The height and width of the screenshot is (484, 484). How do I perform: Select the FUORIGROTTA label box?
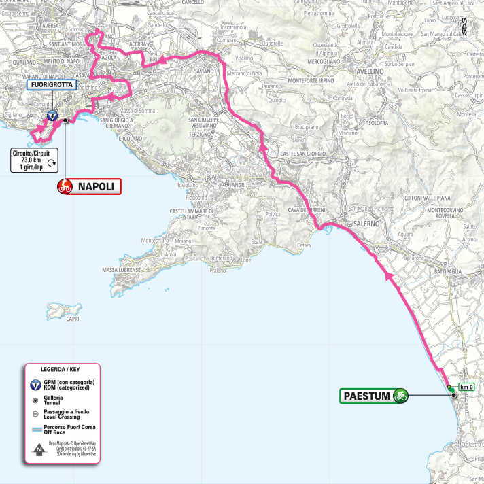point(50,85)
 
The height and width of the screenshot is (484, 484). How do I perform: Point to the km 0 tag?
point(465,387)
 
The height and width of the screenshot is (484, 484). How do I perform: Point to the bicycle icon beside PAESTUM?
point(400,395)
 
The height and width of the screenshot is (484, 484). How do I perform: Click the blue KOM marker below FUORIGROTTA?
point(51,116)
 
